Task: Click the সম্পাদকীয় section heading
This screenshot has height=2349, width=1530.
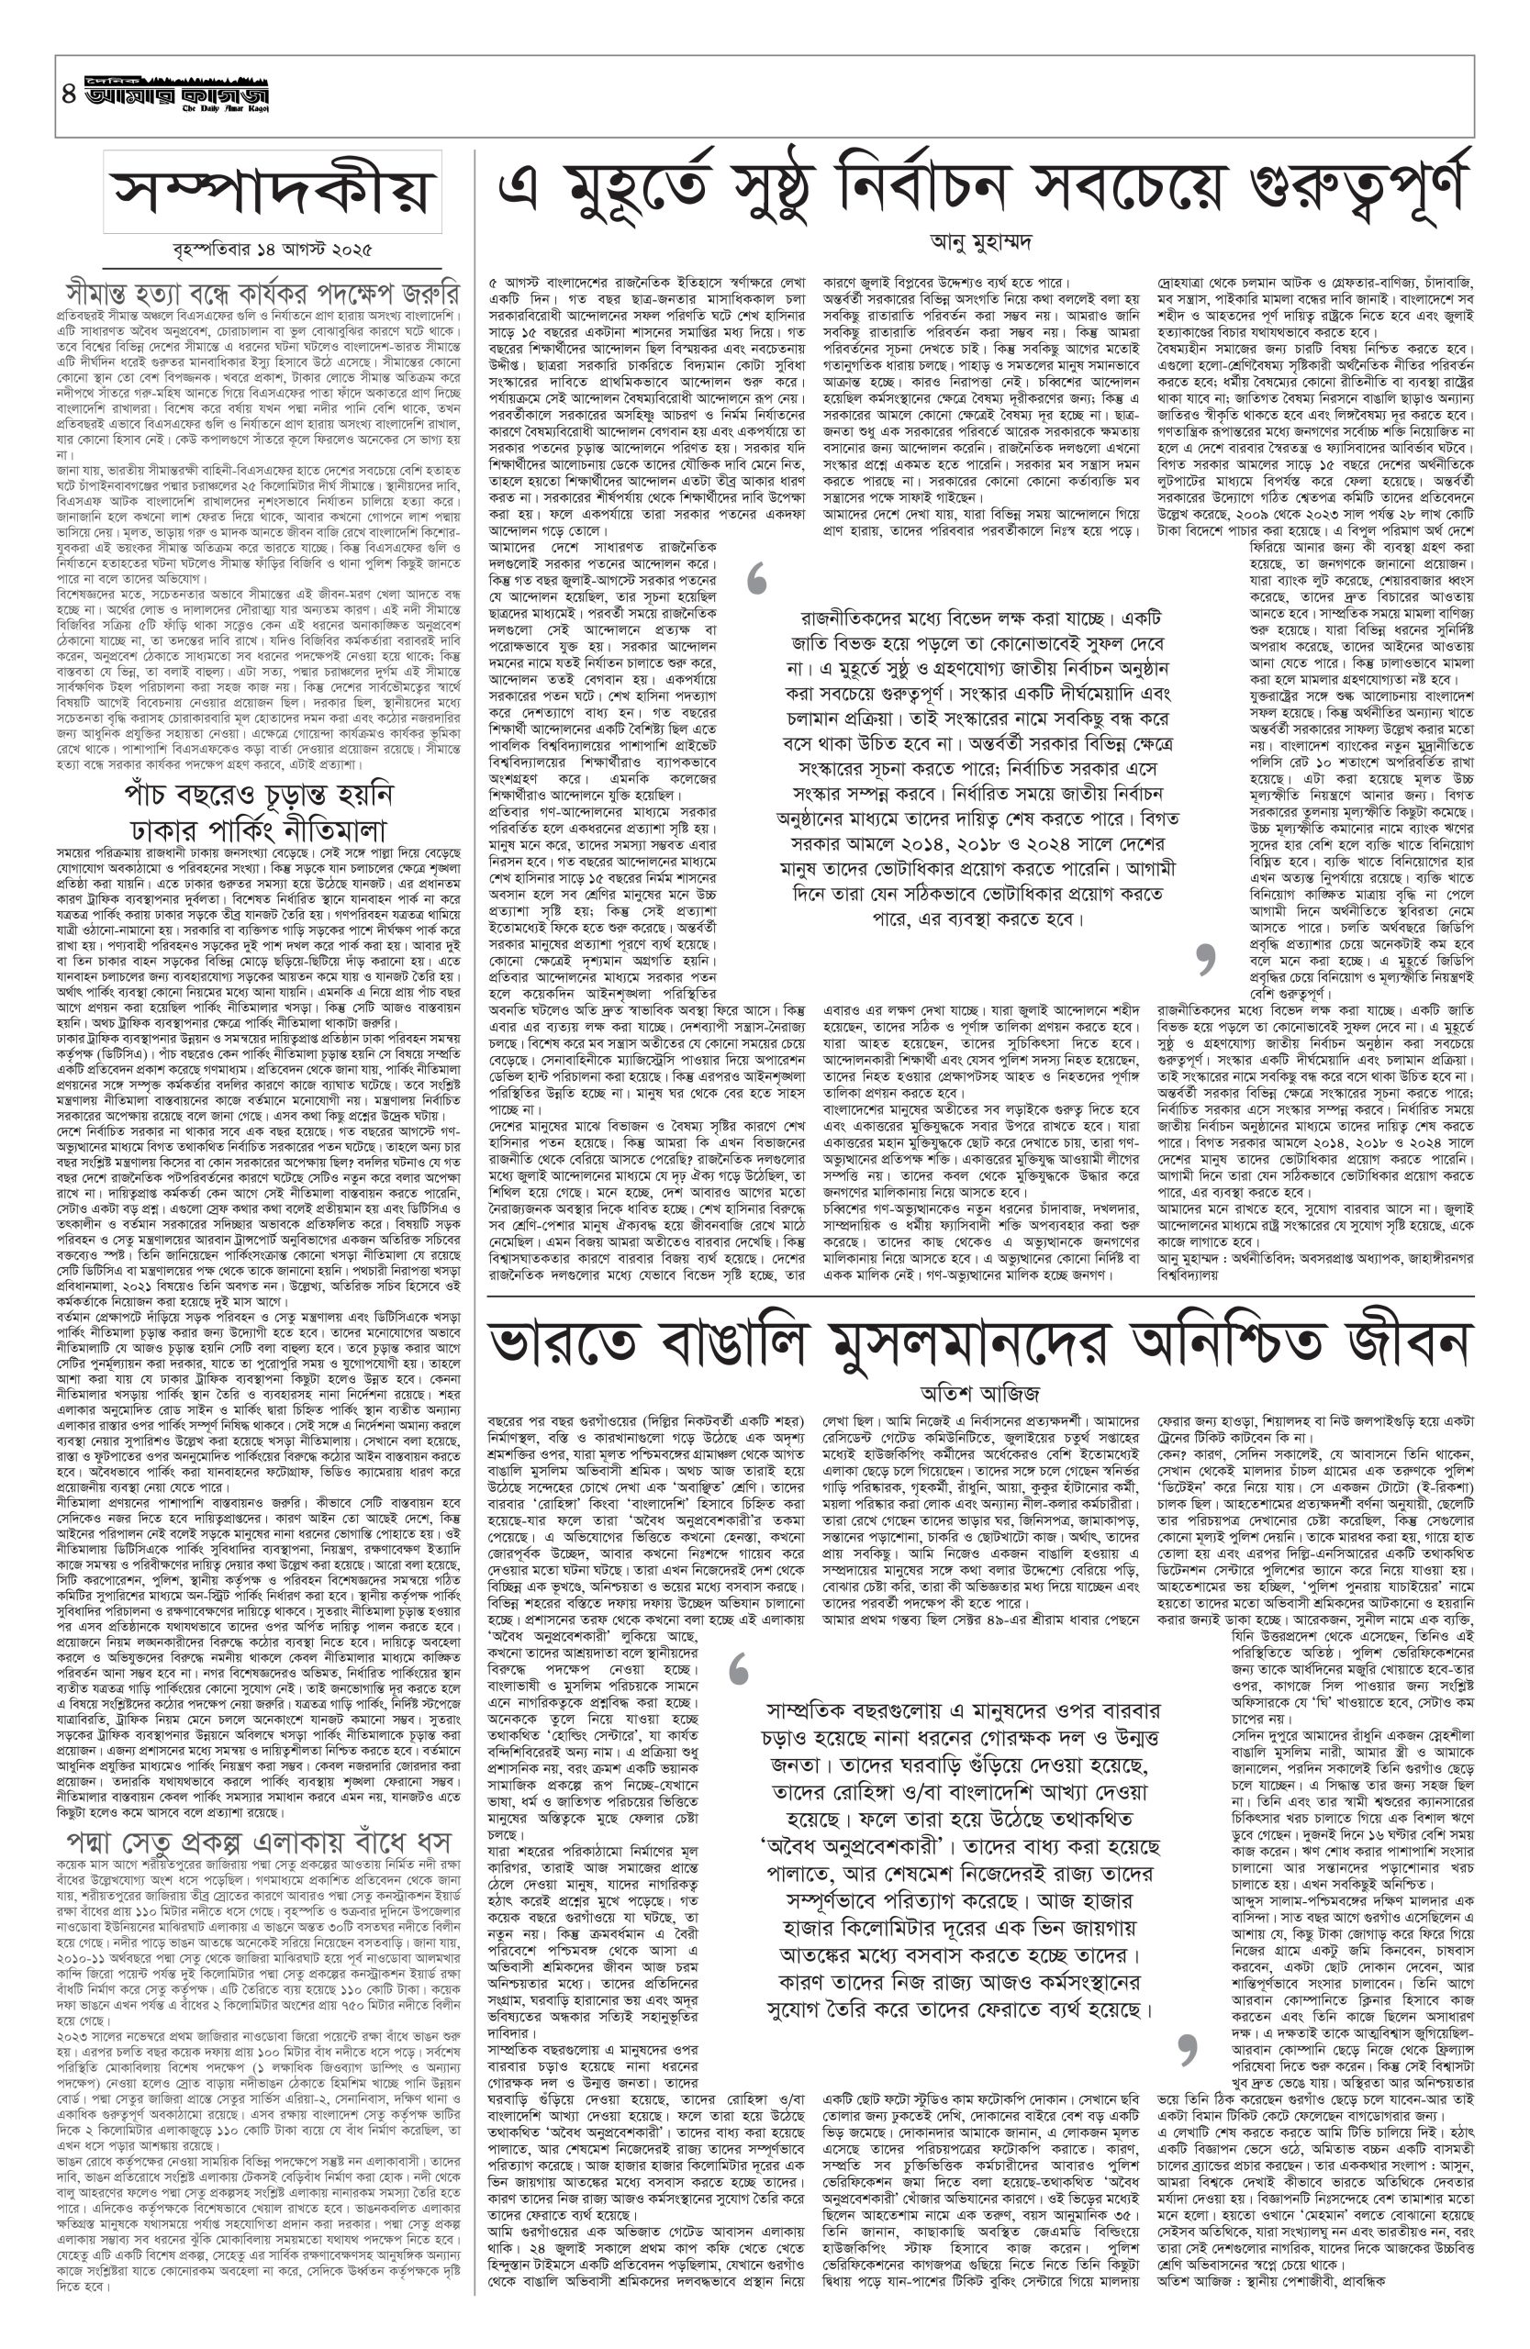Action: click(273, 192)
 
